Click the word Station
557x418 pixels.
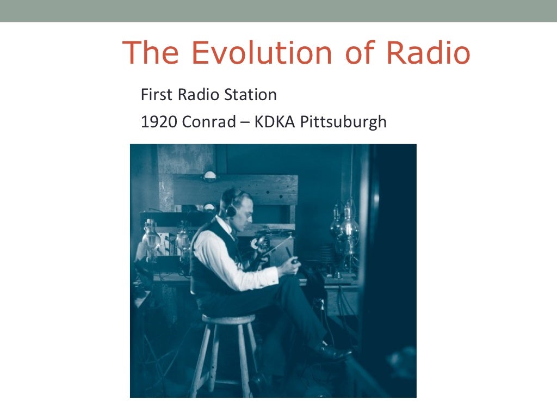251,95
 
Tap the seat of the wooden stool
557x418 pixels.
228,319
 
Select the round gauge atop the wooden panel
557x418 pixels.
209,176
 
